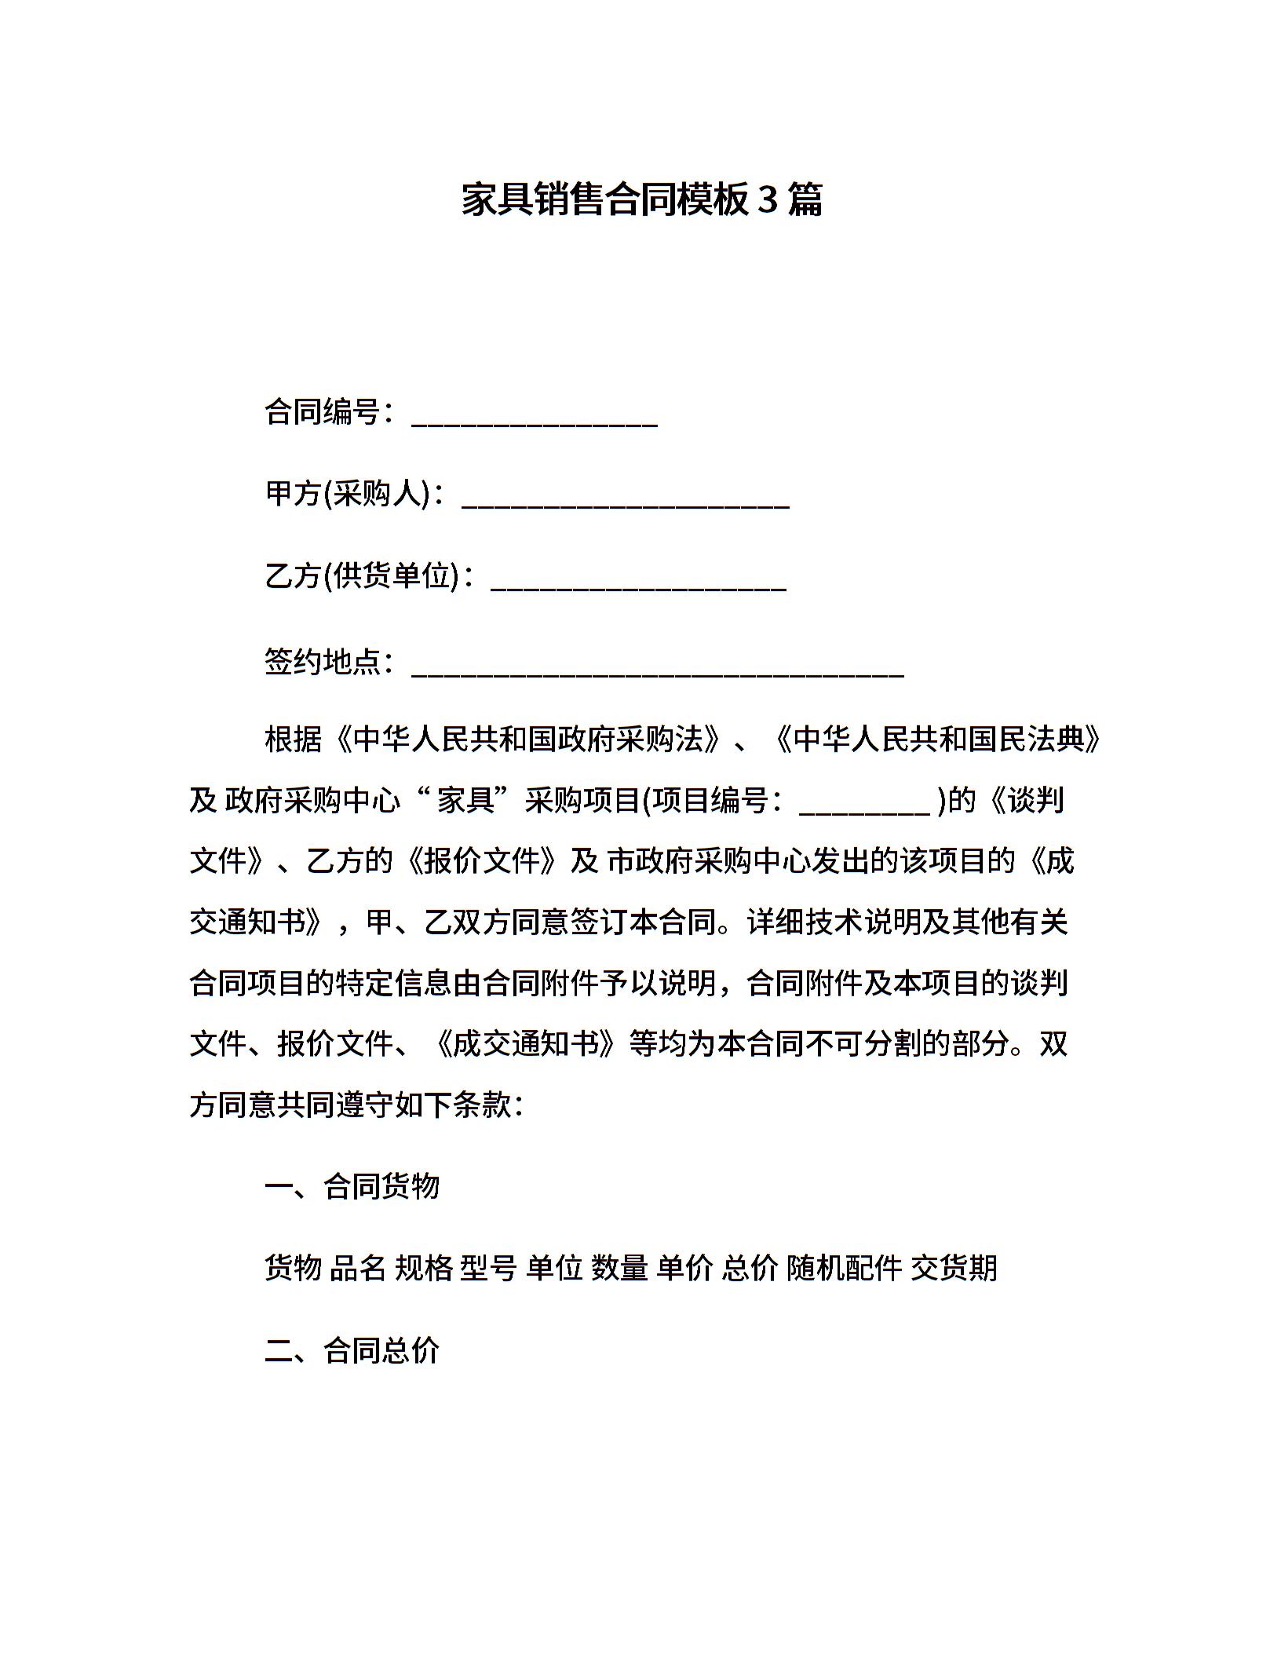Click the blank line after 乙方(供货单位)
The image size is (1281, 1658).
(638, 586)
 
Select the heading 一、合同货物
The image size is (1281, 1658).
(352, 1186)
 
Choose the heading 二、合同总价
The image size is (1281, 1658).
(352, 1350)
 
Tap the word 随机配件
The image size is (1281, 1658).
(844, 1268)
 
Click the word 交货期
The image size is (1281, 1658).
(954, 1268)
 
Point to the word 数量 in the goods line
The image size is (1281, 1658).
(619, 1268)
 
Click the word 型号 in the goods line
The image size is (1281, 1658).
(488, 1268)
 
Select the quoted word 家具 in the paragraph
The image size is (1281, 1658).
(465, 801)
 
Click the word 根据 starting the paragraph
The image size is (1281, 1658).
(294, 740)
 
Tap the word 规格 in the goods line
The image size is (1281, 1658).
(423, 1268)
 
